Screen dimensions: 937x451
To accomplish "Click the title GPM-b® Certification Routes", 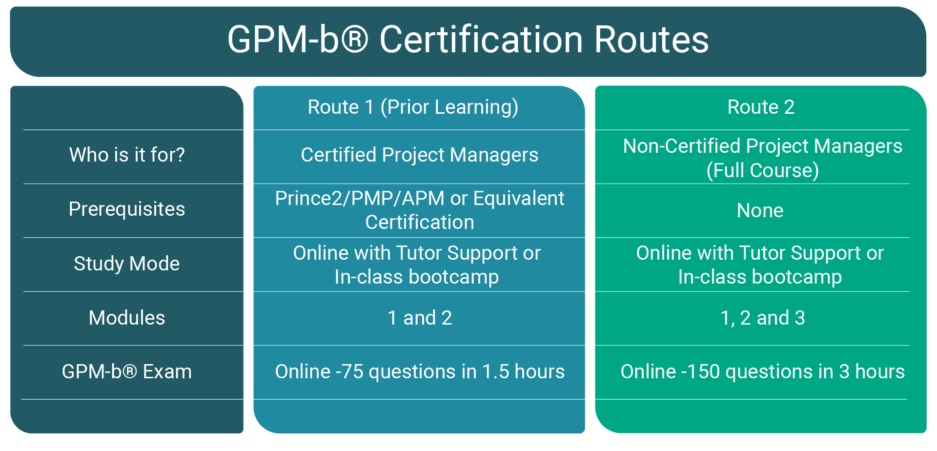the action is (x=468, y=40).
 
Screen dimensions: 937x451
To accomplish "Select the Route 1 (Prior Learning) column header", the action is (x=413, y=107).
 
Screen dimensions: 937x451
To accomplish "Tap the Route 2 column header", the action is (x=761, y=107).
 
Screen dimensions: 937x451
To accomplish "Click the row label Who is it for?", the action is (x=127, y=155).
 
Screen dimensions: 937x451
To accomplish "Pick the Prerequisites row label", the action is (x=127, y=209).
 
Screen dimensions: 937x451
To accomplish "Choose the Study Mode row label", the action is (x=127, y=264).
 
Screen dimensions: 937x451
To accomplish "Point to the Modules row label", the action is (x=127, y=318).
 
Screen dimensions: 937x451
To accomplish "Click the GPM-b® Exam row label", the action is (x=127, y=372).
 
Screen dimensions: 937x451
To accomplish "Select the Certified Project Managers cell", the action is (x=419, y=155).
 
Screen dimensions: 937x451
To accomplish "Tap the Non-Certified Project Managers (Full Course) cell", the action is (x=762, y=158).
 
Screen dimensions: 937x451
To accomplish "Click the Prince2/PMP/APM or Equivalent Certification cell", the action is (x=419, y=210).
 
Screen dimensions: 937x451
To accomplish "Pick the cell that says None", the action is (x=760, y=211).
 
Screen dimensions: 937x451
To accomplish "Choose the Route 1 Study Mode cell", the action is (x=417, y=265).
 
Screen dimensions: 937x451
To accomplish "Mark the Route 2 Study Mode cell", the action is (x=760, y=265).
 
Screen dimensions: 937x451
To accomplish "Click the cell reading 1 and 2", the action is (x=420, y=318).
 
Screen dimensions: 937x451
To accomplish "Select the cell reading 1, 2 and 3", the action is (x=762, y=318).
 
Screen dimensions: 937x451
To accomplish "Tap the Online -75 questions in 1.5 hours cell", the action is (x=420, y=372).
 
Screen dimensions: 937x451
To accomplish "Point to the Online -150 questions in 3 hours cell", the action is (x=762, y=372).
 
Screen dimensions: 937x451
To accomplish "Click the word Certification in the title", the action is (x=481, y=40).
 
